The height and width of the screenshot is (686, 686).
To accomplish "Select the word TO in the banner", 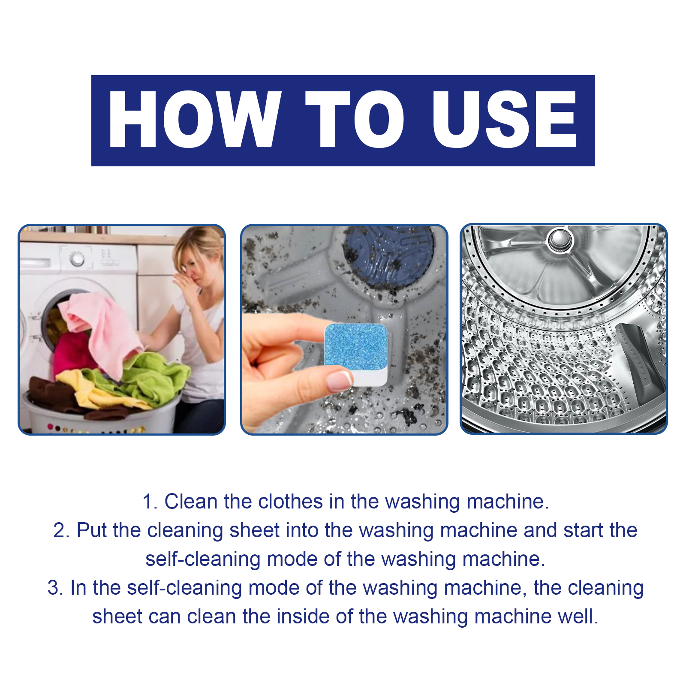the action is click(355, 120).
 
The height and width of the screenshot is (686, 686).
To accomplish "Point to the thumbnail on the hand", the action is click(339, 380).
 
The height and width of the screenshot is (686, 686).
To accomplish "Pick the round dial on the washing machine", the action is click(77, 259).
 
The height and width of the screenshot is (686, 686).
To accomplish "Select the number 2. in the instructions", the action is click(61, 530).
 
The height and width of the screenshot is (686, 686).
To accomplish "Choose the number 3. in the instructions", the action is click(55, 588).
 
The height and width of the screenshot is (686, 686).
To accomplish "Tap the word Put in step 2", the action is click(91, 530).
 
